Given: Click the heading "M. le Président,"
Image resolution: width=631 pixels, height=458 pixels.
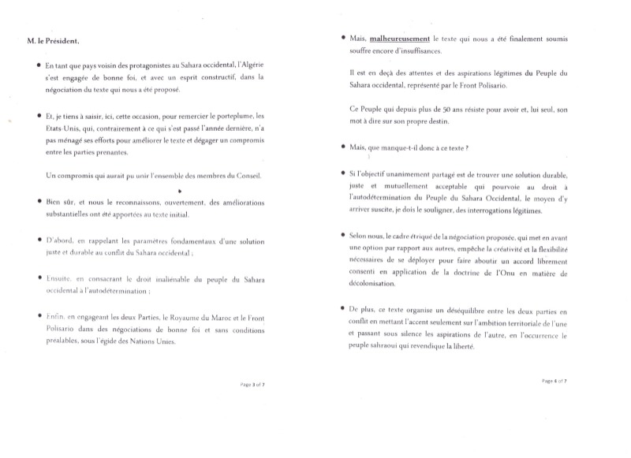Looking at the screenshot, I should pyautogui.click(x=50, y=41).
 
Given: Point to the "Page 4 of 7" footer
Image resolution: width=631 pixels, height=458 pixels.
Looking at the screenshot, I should pyautogui.click(x=555, y=380).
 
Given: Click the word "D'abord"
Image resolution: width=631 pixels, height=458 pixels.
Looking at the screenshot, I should pyautogui.click(x=62, y=240).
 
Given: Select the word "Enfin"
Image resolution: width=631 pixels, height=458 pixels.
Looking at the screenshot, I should pyautogui.click(x=56, y=316).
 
